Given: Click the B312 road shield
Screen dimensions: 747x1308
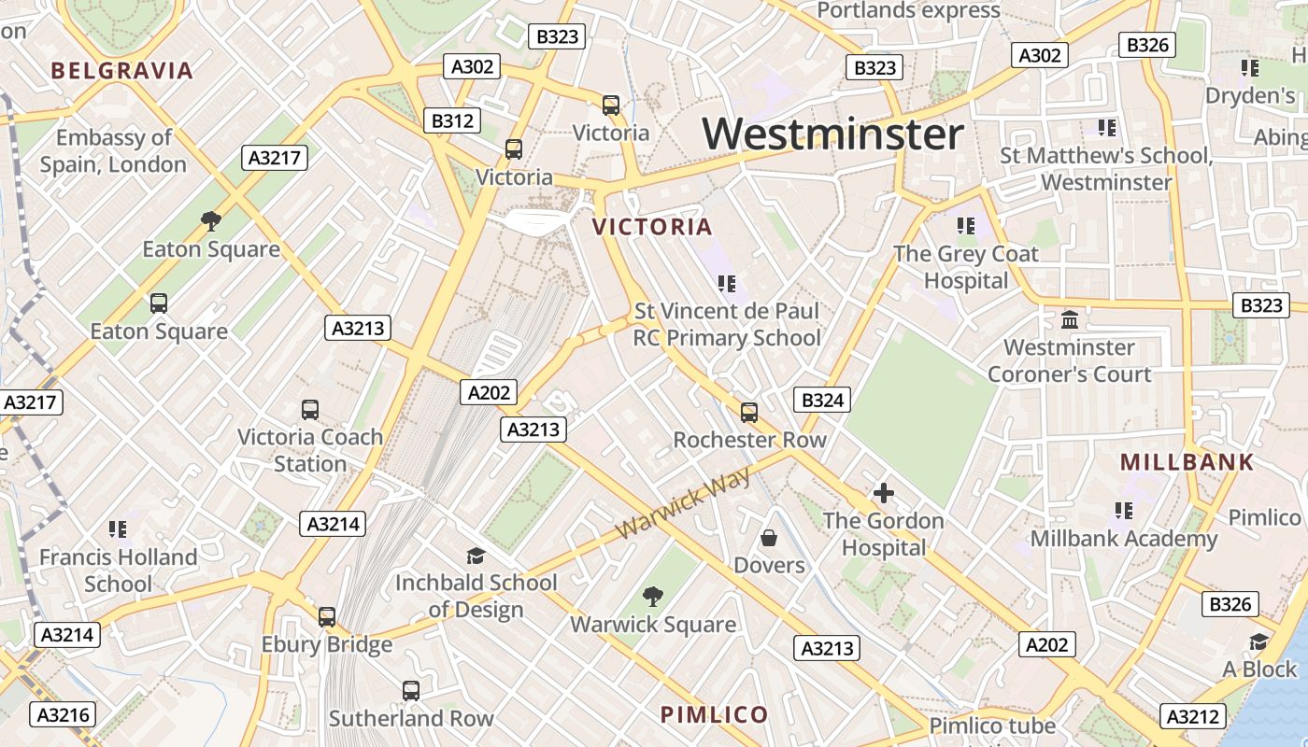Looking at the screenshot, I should coord(453,120).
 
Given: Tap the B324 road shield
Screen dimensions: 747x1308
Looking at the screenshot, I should coord(822,401).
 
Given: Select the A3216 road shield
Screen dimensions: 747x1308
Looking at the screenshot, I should coord(64,715).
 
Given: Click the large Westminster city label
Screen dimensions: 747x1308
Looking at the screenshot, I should coord(832,134).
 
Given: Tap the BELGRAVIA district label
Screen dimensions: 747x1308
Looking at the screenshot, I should coord(122,70).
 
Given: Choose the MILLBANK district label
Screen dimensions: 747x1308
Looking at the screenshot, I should coord(1187,462).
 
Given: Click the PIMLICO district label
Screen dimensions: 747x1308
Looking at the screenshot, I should coord(715,715).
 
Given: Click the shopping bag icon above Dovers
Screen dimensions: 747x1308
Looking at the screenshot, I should coord(769,538).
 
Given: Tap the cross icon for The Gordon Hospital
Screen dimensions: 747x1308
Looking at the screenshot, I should coord(883,492).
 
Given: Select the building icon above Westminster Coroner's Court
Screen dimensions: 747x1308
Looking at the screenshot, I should coord(1070,320).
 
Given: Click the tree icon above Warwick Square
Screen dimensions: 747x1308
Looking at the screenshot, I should coord(653,597).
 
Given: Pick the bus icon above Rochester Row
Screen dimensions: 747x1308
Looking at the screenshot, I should coord(749,412).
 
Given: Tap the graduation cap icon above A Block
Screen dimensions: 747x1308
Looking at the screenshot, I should coord(1258,641).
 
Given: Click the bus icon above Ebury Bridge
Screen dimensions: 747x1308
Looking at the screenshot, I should coord(326,616).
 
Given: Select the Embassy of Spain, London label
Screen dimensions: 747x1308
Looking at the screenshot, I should coord(113,151).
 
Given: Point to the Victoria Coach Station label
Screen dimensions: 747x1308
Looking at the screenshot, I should coord(310,450).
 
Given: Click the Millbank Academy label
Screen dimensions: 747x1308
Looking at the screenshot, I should coord(1124,539).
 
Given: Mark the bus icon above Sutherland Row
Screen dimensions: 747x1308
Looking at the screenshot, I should coord(410,691).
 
